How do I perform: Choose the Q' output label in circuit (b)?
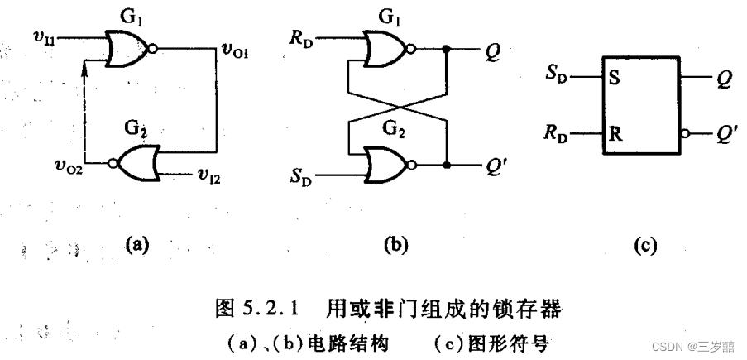pyautogui.click(x=495, y=164)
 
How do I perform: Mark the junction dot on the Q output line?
pyautogui.click(x=448, y=49)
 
